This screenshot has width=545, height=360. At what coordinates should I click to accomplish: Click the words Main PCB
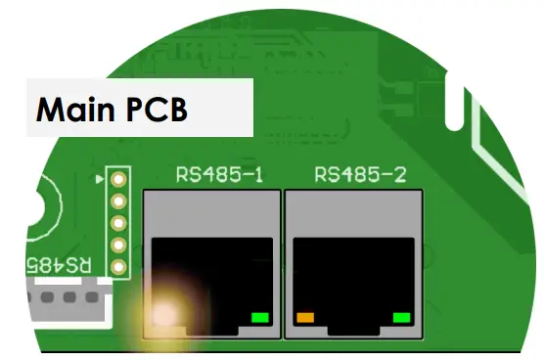click(112, 110)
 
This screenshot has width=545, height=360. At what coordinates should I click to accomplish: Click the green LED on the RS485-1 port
click(260, 317)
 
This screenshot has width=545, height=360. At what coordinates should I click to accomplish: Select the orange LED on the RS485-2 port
click(305, 317)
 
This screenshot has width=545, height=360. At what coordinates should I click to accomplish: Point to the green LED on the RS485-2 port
click(400, 317)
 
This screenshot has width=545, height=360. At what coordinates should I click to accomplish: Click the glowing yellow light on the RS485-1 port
click(166, 313)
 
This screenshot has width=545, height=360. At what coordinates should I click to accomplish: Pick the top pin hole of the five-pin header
click(118, 180)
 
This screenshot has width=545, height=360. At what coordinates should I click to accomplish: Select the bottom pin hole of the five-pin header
click(118, 267)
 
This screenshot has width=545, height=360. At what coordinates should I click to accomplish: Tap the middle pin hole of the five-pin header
click(118, 223)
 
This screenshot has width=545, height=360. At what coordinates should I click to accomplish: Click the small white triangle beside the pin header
click(102, 180)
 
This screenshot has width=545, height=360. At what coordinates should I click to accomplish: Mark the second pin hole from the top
click(118, 202)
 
